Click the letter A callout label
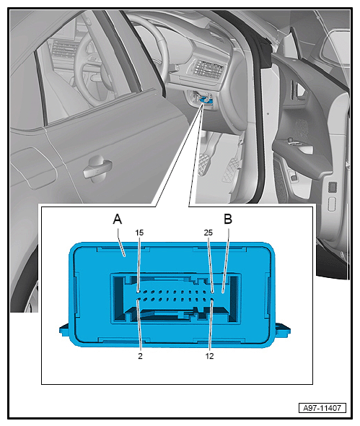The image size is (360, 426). click(118, 219)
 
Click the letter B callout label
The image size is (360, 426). click(228, 219)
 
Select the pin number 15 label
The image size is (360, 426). click(139, 232)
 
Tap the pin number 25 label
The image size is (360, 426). click(208, 232)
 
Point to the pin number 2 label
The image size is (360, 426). click(140, 356)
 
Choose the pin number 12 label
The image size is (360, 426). click(209, 356)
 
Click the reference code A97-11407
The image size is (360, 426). click(322, 408)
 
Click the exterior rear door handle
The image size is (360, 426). click(97, 168)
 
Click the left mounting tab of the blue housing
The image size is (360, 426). click(64, 331)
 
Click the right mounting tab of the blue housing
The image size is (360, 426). click(283, 329)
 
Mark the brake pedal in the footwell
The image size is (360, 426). click(203, 165)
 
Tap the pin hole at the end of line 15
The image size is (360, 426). click(138, 292)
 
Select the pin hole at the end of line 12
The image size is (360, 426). click(212, 300)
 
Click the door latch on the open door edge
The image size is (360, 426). click(333, 188)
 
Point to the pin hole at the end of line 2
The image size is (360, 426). click(138, 300)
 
